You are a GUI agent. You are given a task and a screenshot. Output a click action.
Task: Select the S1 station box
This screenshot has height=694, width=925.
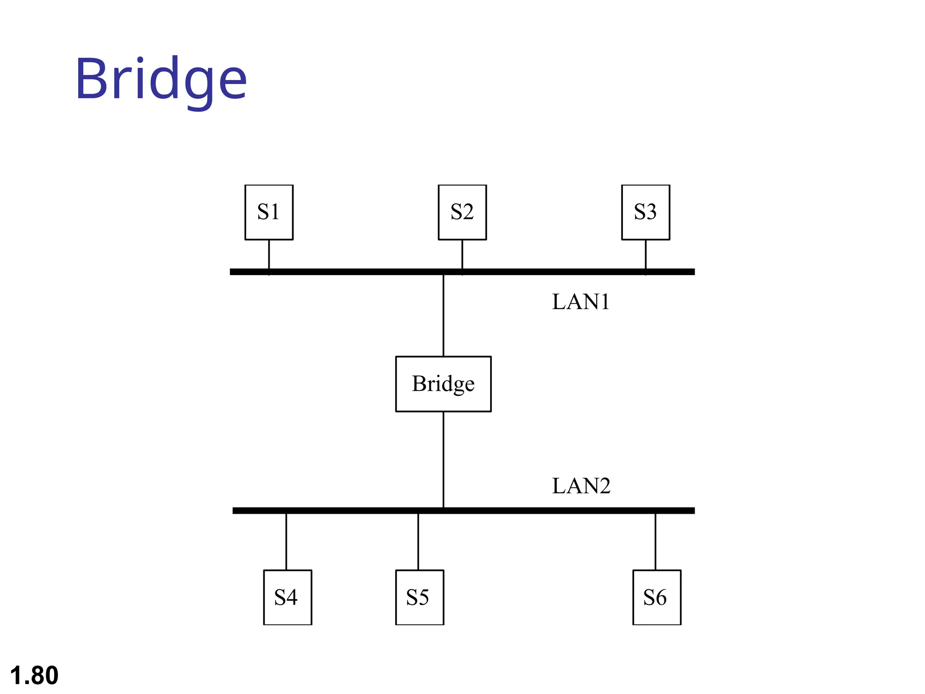click(x=269, y=212)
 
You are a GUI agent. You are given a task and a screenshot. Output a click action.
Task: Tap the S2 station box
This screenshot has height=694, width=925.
click(x=462, y=212)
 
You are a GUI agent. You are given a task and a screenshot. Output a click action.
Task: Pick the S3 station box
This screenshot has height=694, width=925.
click(x=645, y=212)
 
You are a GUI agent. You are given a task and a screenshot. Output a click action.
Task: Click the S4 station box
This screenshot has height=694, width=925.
click(x=287, y=597)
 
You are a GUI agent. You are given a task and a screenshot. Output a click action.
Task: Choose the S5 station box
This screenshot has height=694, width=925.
click(x=420, y=597)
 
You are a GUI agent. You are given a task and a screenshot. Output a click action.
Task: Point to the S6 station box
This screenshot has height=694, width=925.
click(x=657, y=597)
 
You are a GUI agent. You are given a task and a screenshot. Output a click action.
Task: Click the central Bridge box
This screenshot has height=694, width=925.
click(x=443, y=384)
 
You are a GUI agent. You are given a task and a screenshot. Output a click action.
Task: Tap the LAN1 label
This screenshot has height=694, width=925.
click(x=581, y=302)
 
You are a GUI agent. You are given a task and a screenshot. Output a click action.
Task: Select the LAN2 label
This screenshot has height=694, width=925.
click(x=581, y=486)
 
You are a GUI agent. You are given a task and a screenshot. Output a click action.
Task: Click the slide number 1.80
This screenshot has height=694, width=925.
click(x=34, y=675)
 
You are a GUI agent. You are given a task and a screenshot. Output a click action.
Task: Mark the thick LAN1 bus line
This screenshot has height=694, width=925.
click(x=542, y=272)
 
